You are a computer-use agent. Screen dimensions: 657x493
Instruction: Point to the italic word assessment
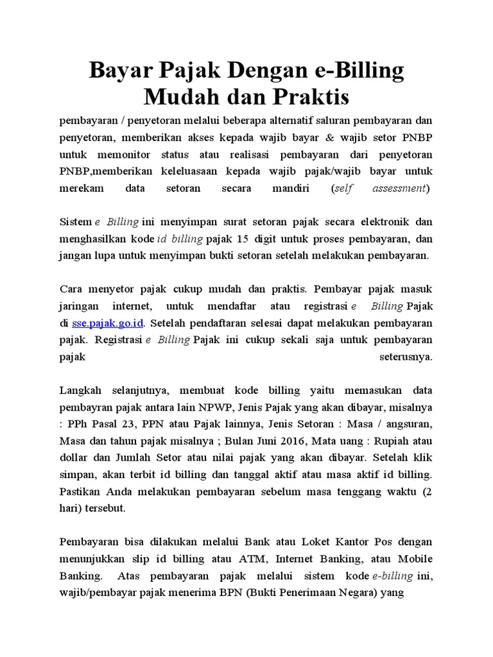(x=399, y=189)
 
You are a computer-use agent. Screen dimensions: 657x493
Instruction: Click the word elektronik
(x=374, y=222)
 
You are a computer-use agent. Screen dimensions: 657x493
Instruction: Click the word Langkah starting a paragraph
(x=80, y=391)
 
